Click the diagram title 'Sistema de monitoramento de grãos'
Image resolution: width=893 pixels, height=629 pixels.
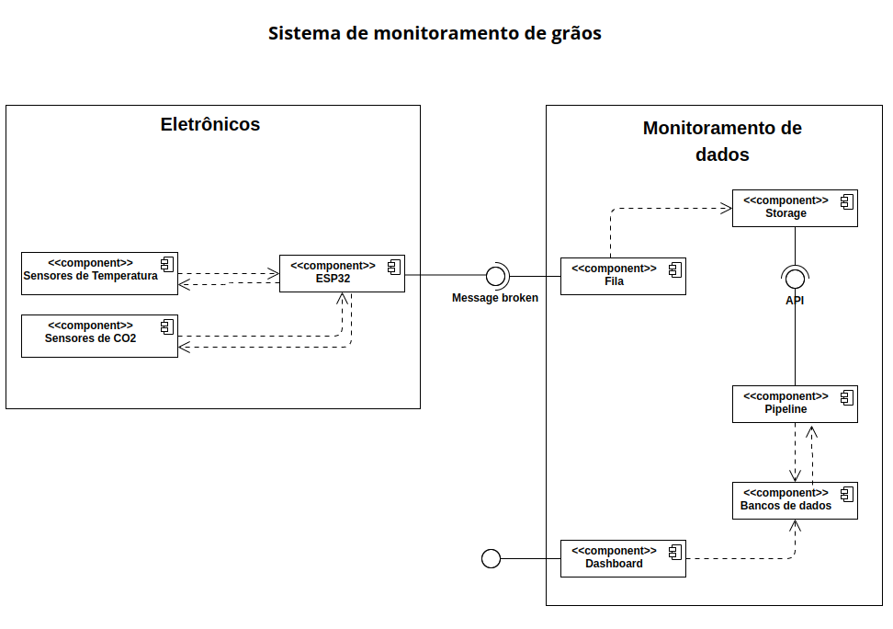435,34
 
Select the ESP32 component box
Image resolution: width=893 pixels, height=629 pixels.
342,273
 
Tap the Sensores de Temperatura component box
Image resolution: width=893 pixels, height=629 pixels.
99,273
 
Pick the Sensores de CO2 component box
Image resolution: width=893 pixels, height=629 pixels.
99,336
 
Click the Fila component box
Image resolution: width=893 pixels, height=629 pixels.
623,276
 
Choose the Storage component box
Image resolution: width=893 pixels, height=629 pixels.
795,208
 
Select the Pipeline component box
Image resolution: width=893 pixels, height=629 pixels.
795,404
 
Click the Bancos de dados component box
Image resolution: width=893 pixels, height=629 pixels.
795,500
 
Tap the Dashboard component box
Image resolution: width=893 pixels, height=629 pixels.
623,558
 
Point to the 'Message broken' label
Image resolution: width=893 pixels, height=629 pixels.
495,298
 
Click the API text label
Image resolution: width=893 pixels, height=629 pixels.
795,301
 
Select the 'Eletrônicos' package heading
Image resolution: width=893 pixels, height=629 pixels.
210,124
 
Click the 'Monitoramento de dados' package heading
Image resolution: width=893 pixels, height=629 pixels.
722,141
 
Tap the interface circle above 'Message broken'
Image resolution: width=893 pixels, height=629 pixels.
495,274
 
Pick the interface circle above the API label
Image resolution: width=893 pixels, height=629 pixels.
795,276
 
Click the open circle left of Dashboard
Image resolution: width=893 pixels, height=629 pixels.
492,558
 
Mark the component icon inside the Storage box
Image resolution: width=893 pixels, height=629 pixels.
846,200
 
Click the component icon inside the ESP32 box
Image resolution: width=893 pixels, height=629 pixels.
393,266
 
